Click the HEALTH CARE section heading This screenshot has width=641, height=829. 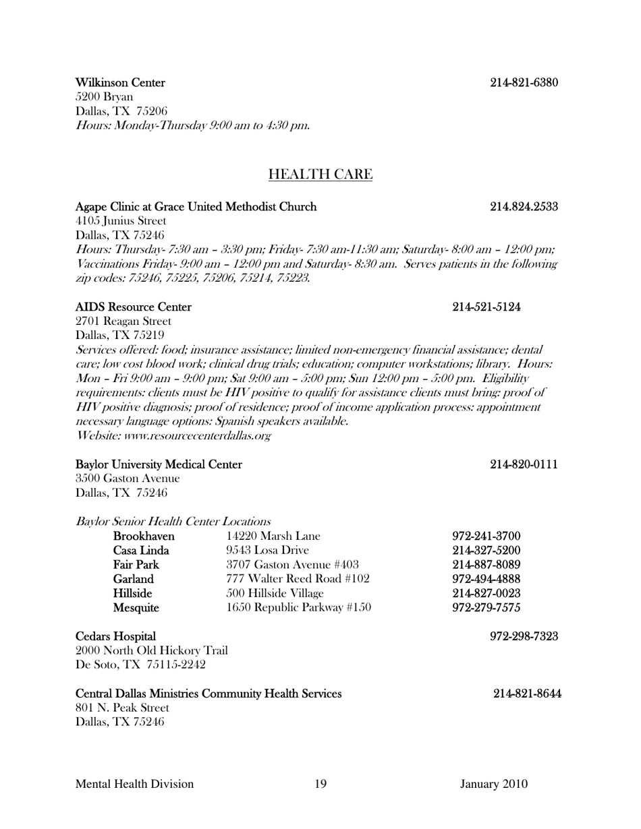pyautogui.click(x=320, y=175)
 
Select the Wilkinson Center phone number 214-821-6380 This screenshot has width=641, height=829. pyautogui.click(x=524, y=83)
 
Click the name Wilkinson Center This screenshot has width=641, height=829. pyautogui.click(x=120, y=83)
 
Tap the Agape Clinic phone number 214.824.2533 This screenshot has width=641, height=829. pyautogui.click(x=524, y=207)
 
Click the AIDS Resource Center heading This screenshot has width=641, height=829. pyautogui.click(x=133, y=307)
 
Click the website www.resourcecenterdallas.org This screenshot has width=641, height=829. pyautogui.click(x=174, y=436)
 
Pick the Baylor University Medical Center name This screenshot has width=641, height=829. pyautogui.click(x=159, y=464)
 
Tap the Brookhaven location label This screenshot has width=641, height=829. pyautogui.click(x=144, y=536)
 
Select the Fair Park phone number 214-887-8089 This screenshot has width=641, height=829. pyautogui.click(x=486, y=565)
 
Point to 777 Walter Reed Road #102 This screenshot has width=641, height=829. pyautogui.click(x=298, y=579)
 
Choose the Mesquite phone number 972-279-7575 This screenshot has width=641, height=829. pyautogui.click(x=486, y=608)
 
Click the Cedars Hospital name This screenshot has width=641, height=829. pyautogui.click(x=115, y=637)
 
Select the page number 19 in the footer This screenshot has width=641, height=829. pyautogui.click(x=320, y=784)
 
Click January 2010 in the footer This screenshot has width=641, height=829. pyautogui.click(x=494, y=784)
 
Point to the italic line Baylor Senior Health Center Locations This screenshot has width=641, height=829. pyautogui.click(x=173, y=522)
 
